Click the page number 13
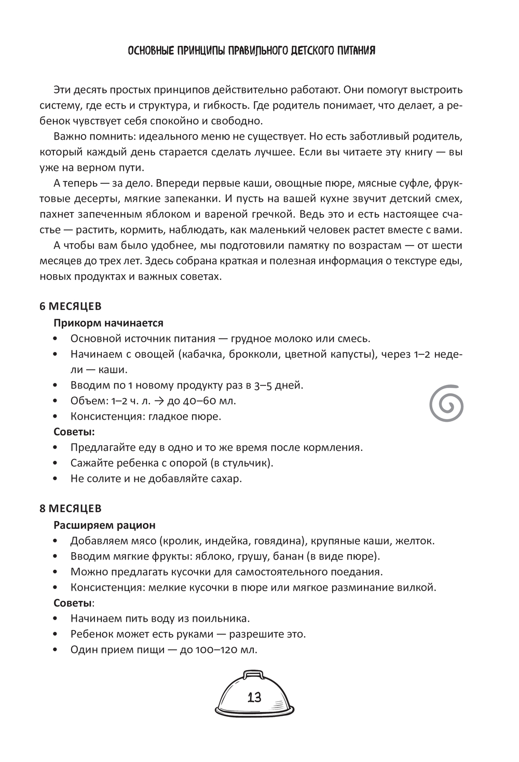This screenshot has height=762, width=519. [254, 697]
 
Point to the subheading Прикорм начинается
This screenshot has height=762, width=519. [108, 323]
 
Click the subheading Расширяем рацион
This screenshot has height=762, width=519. [104, 525]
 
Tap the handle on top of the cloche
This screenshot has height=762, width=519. [253, 672]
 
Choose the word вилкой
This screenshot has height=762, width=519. [416, 587]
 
